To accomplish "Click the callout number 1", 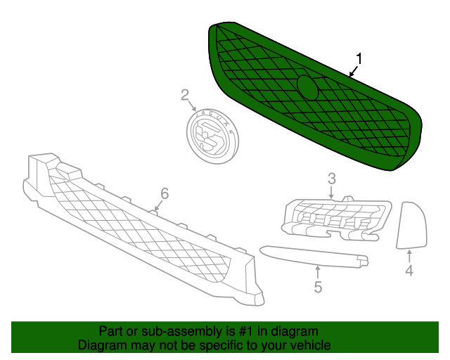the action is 359,59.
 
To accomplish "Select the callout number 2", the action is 185,95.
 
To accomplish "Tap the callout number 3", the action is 332,179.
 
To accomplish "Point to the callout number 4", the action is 409,271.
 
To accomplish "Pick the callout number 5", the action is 318,287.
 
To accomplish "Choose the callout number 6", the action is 165,193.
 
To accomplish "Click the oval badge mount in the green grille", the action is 307,87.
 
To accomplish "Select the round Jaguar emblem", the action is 212,136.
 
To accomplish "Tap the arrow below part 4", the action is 409,256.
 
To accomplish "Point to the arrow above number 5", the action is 318,272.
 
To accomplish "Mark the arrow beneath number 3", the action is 332,193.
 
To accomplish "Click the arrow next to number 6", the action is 158,206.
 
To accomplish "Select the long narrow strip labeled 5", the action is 314,257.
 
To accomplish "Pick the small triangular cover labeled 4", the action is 411,225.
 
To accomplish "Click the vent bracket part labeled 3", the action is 336,219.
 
